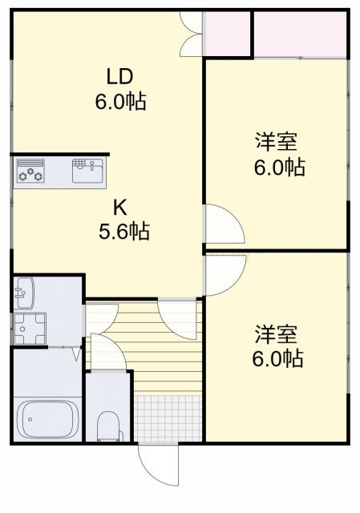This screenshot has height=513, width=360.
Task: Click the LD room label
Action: (119, 77)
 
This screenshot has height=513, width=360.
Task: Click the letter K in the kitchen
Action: (119, 208)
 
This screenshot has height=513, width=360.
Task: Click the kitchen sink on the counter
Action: (88, 171)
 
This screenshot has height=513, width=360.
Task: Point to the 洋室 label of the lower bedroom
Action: (277, 333)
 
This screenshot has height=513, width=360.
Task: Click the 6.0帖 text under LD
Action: (120, 102)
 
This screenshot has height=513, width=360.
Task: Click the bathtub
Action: (47, 418)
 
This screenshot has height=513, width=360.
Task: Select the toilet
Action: (107, 425)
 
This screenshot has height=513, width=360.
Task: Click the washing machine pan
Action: (30, 328)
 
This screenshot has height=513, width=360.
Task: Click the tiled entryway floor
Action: (168, 417)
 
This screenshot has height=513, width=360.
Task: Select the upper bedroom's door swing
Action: (222, 224)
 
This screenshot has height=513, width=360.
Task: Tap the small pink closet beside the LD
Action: (227, 34)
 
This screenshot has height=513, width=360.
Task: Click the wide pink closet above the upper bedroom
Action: (300, 34)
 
